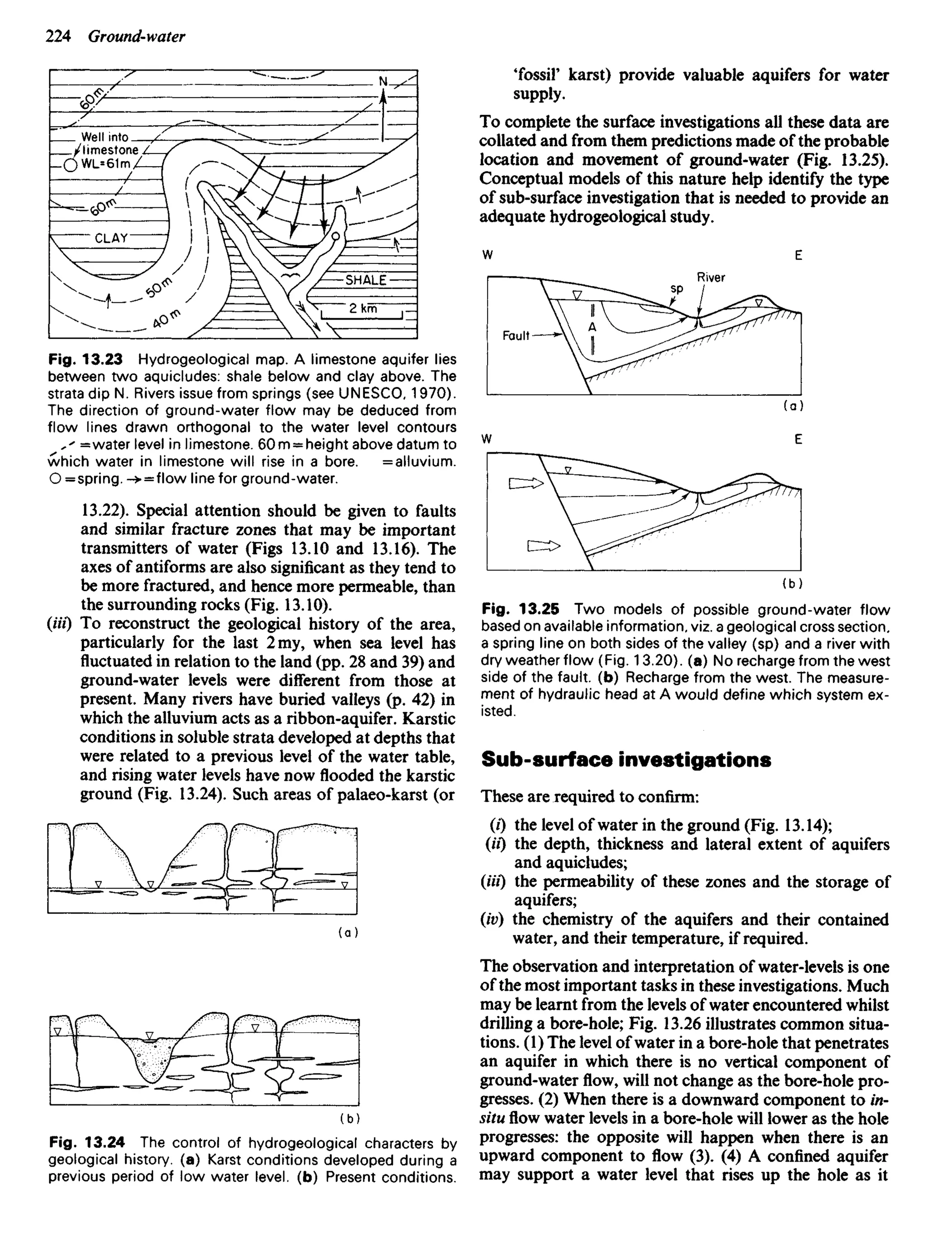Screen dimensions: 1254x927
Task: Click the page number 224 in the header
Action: tap(58, 37)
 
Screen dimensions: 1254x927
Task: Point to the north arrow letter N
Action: tap(383, 82)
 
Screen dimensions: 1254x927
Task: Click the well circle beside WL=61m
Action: tap(70, 166)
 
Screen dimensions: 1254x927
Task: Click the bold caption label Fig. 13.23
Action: tap(85, 359)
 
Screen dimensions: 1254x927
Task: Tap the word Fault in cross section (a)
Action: tap(516, 335)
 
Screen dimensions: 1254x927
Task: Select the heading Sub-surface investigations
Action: tap(626, 760)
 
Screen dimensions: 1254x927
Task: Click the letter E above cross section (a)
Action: tap(798, 256)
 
